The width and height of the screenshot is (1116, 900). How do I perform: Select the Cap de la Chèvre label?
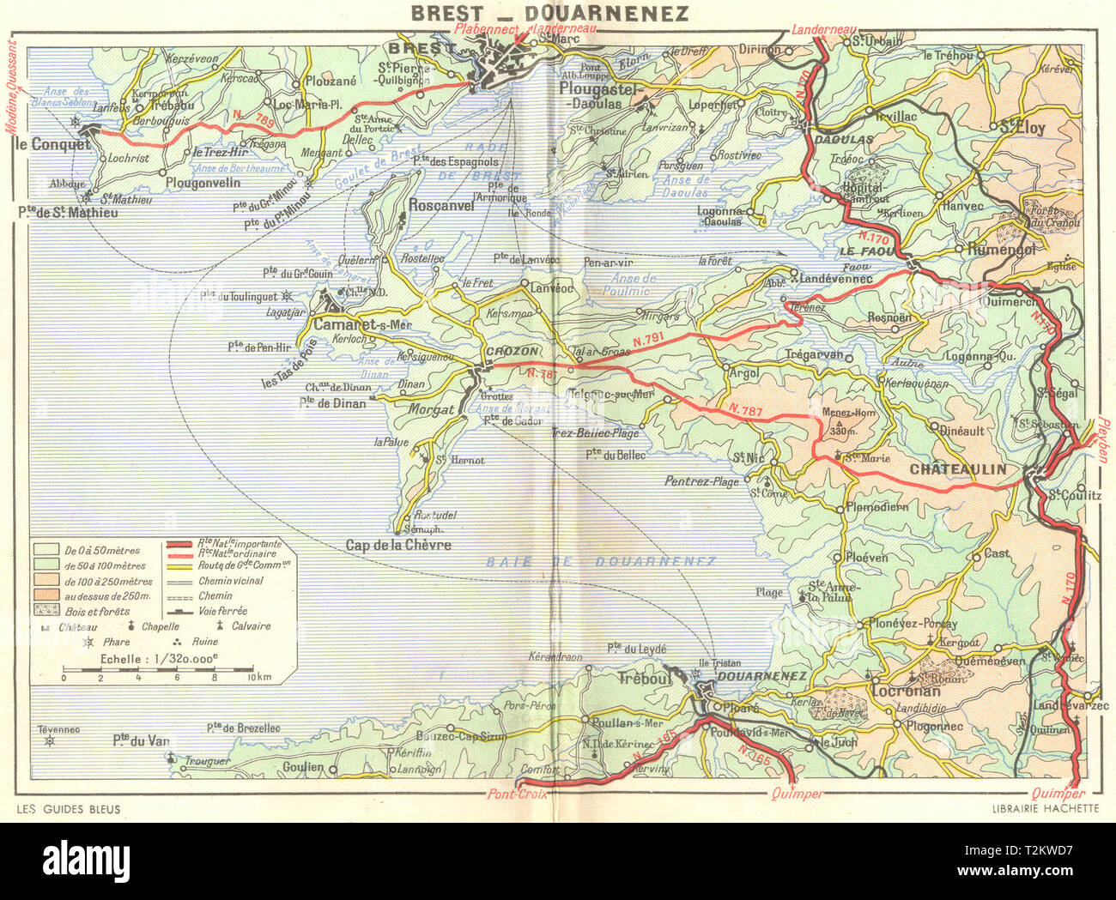398,545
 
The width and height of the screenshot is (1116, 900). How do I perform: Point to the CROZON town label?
512,351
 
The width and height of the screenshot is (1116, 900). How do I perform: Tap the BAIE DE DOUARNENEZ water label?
600,561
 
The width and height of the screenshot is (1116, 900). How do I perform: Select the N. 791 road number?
650,341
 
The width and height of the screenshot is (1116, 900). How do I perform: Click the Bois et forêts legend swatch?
46,611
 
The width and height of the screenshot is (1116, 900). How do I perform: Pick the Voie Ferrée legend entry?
181,611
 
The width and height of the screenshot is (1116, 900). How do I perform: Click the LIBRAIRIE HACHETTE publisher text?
1045,808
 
